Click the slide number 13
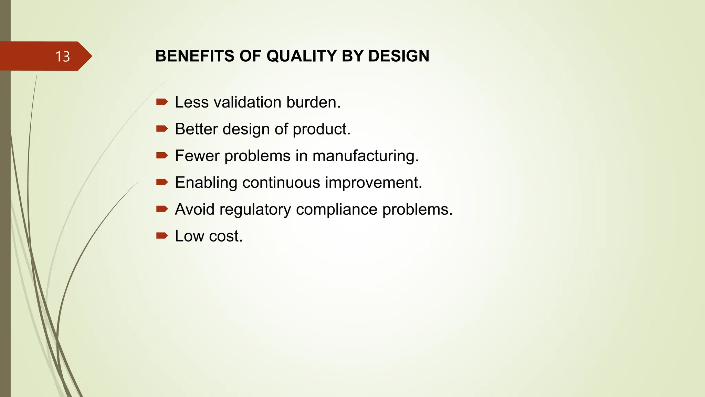[63, 57]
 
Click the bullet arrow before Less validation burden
[162, 102]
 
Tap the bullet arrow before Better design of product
[162, 129]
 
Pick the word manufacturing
[365, 156]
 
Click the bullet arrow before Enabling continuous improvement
[162, 182]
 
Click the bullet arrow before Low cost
[162, 236]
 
